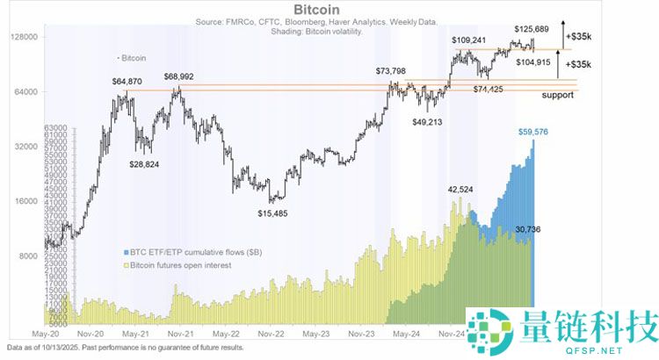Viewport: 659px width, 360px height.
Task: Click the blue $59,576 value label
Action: pyautogui.click(x=534, y=133)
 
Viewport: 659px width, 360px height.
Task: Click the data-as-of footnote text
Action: pyautogui.click(x=127, y=349)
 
